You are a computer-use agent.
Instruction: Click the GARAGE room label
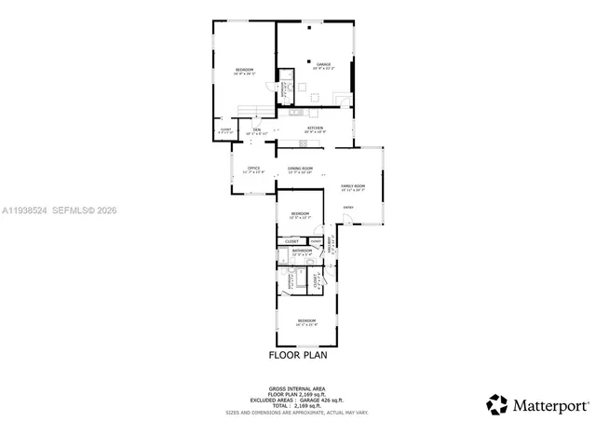(323, 64)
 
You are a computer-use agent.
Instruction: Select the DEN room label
(256, 130)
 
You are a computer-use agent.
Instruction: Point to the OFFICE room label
(253, 168)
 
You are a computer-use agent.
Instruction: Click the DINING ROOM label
(300, 168)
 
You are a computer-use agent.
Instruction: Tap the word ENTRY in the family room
(348, 207)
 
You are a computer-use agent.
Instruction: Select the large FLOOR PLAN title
(298, 354)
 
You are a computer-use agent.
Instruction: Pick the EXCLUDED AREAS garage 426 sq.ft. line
(298, 398)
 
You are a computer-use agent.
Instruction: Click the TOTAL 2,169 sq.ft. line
(298, 403)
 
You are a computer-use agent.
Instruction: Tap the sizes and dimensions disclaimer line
(298, 411)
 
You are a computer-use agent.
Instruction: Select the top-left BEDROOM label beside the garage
(244, 70)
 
